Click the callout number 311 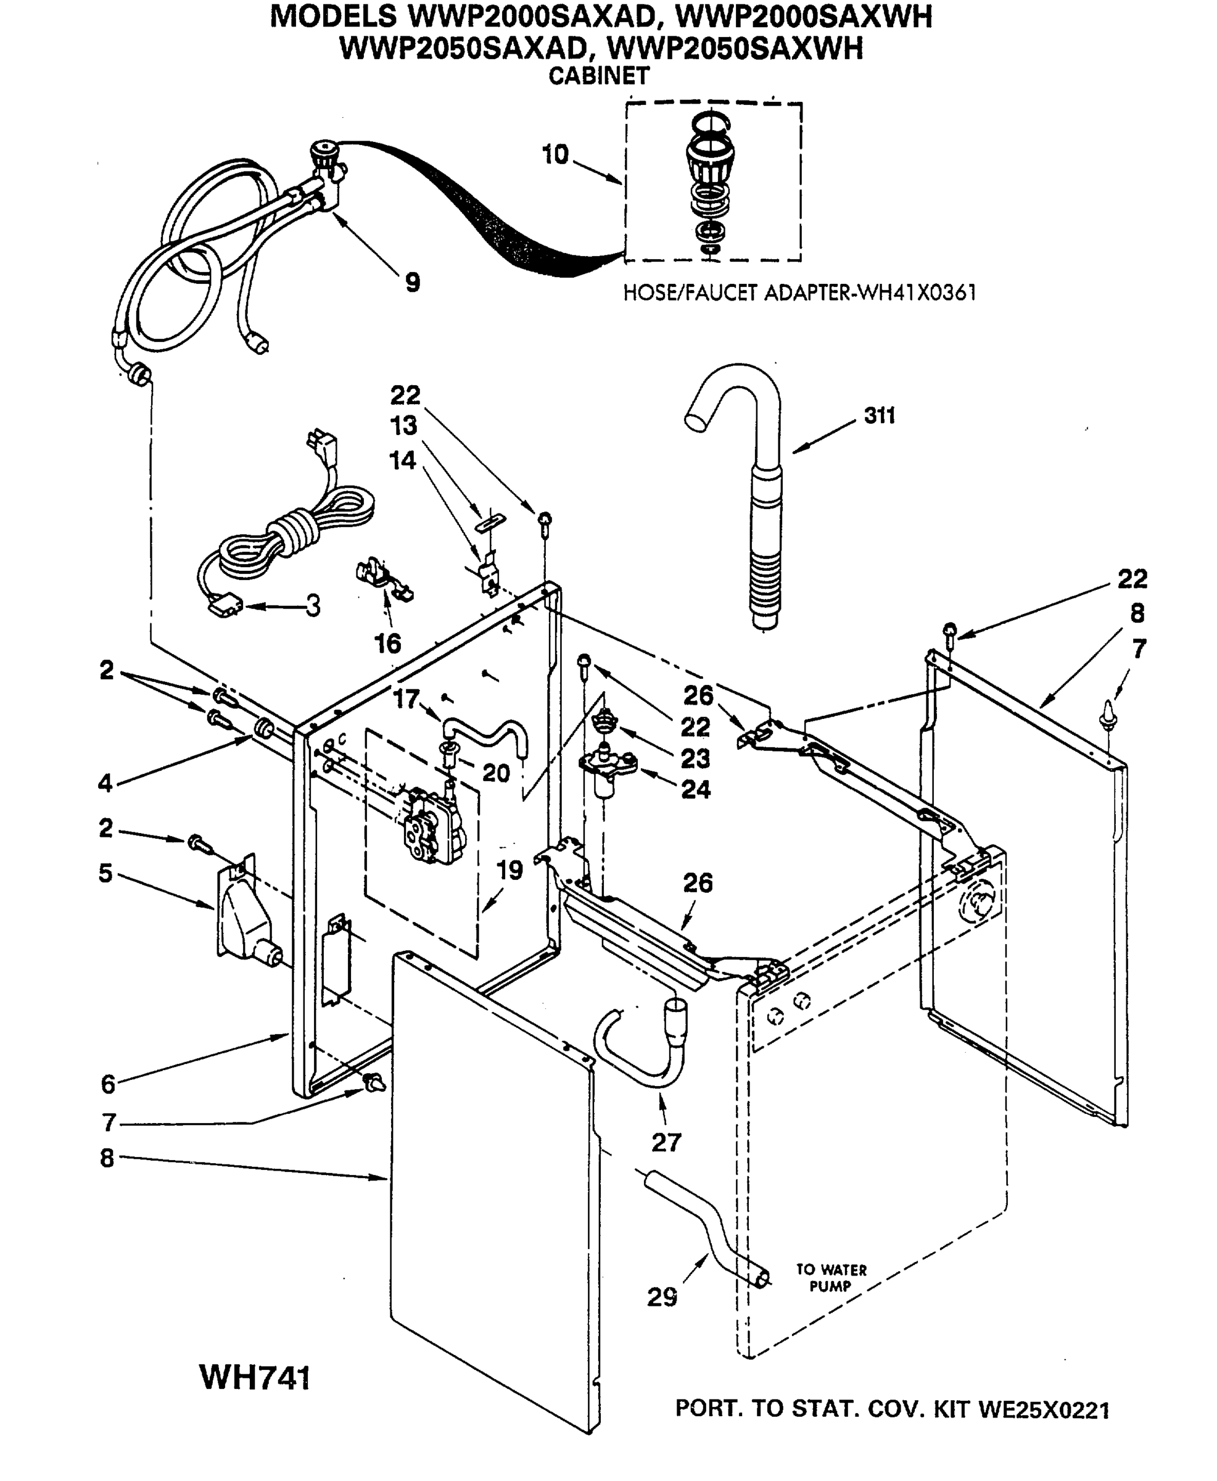point(880,416)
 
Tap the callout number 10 point(555,155)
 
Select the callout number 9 point(413,283)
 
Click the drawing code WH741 point(255,1377)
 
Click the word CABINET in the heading point(599,76)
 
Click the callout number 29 point(662,1297)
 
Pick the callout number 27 point(666,1142)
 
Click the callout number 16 point(387,643)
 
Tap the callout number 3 point(313,605)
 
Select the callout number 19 point(509,870)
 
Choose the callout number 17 point(406,699)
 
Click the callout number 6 point(107,1084)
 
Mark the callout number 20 point(496,773)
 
